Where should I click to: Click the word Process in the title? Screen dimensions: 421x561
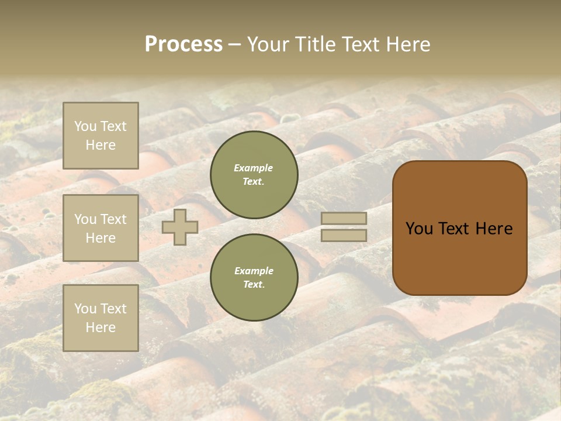pos(183,44)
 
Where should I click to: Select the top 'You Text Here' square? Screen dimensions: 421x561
pos(101,136)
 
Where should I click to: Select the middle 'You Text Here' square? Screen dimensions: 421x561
pos(101,228)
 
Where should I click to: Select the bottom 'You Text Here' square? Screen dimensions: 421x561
pos(101,318)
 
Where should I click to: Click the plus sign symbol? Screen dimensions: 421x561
pos(180,227)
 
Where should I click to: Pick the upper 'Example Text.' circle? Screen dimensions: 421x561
pos(254,175)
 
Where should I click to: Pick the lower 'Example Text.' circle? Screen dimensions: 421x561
pos(254,278)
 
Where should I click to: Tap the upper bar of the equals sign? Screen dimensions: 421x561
pos(344,218)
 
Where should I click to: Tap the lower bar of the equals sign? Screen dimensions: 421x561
pos(344,235)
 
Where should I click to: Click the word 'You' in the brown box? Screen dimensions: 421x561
pos(419,229)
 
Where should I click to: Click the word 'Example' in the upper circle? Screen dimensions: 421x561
pos(254,168)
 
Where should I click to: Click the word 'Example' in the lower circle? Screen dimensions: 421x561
pos(254,271)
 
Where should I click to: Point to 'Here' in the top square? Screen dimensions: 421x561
pos(101,145)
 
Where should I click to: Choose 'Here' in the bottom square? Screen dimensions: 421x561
pos(101,327)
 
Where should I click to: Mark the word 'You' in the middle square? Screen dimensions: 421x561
pos(85,219)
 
